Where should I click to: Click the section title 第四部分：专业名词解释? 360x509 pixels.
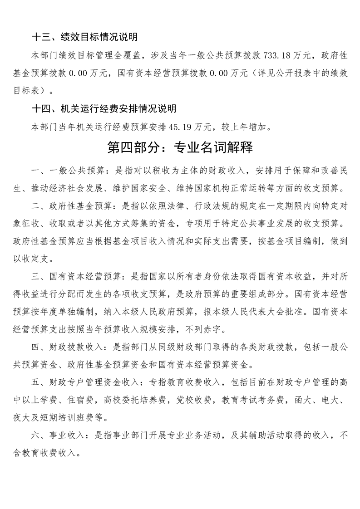180,148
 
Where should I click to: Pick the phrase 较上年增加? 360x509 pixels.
251,127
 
